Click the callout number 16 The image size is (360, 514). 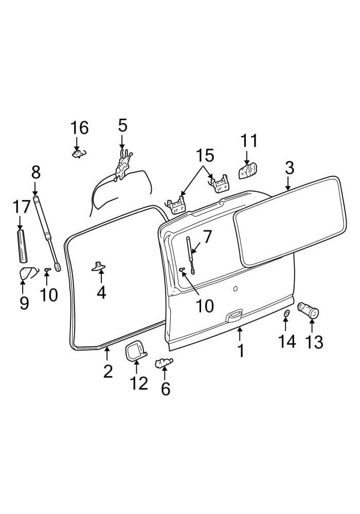coord(80,128)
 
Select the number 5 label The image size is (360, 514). coord(122,125)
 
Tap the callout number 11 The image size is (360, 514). coord(249,141)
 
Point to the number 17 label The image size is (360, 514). coord(21,207)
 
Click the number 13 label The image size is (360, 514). coord(314,342)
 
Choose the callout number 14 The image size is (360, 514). coord(287,341)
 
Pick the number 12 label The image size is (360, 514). coord(139,383)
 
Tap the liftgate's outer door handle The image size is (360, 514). coord(234,316)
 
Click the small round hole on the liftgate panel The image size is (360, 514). coord(235,288)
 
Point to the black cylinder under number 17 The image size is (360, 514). coord(22,246)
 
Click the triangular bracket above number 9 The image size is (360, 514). coord(26,273)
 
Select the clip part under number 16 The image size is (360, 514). coord(78,153)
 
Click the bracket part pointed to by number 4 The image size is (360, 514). coord(99,267)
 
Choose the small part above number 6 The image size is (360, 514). coord(163,362)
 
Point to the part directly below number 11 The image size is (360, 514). coord(248,171)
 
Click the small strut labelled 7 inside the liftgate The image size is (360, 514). coord(190,255)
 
